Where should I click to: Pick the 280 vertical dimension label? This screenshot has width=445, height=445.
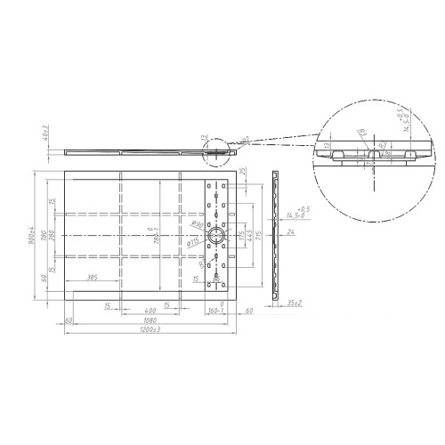point(53,235)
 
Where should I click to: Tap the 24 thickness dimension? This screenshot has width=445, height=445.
point(291,233)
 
